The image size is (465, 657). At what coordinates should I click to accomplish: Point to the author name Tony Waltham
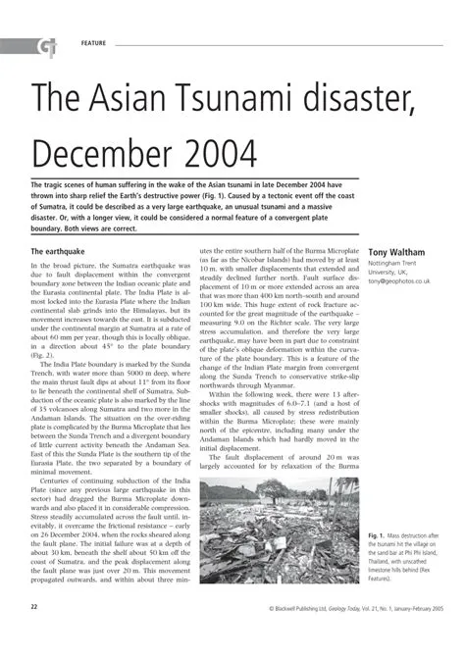(396, 253)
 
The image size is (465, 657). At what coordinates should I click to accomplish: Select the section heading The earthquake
(66, 252)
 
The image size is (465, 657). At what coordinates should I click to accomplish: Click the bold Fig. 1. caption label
(380, 536)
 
